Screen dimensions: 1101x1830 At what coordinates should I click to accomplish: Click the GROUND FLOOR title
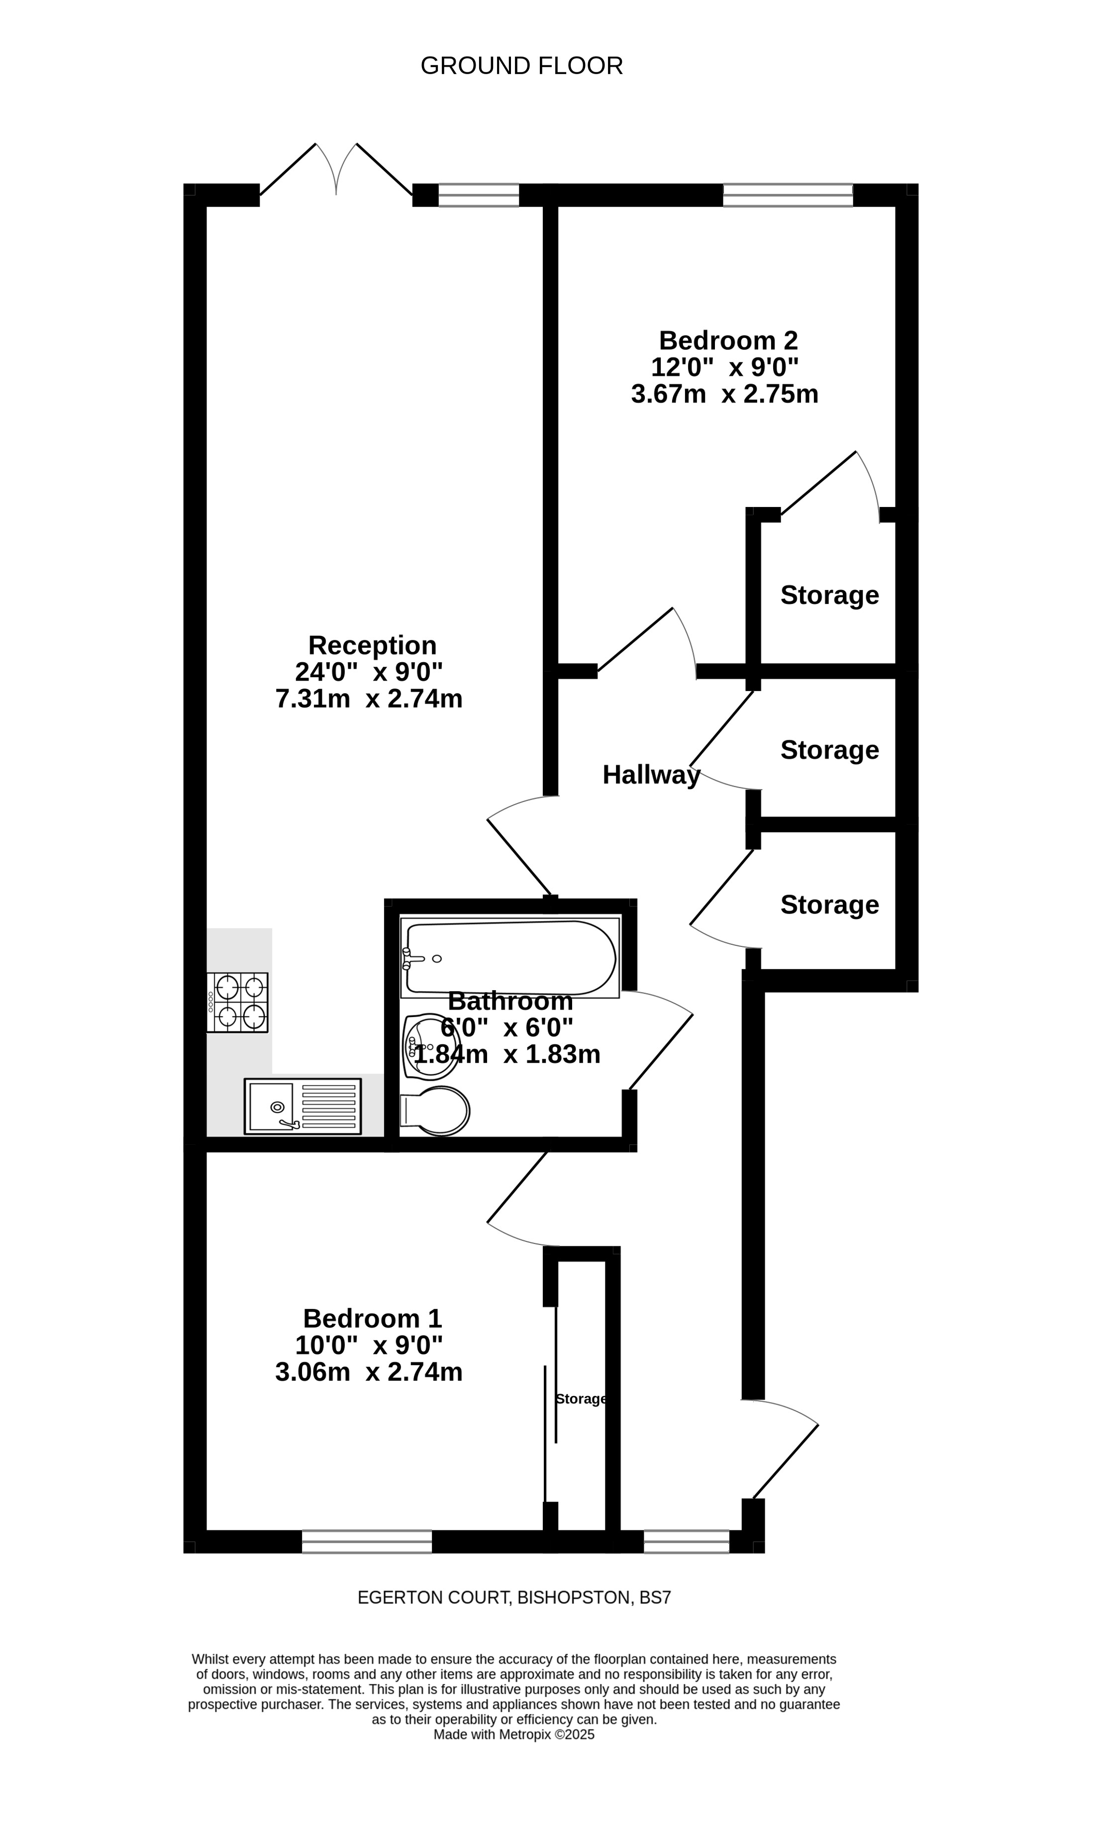[x=521, y=66]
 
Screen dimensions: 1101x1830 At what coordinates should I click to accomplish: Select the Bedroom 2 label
[x=728, y=340]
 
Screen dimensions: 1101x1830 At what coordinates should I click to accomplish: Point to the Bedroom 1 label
[x=373, y=1318]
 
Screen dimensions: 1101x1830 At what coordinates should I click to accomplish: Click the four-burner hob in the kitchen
[x=237, y=1002]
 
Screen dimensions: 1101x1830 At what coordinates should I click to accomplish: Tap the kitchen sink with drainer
[x=302, y=1106]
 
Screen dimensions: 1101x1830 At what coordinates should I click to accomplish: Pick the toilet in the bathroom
[x=435, y=1111]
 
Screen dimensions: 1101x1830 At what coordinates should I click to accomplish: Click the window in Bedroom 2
[x=788, y=195]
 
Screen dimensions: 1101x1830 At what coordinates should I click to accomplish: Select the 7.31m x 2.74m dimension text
[x=369, y=699]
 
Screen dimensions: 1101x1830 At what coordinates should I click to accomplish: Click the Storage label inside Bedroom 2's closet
[x=829, y=595]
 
